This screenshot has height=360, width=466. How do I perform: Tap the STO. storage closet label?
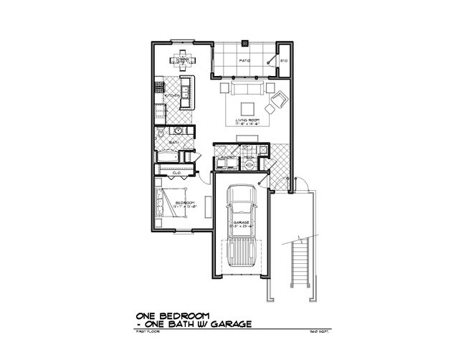(284, 60)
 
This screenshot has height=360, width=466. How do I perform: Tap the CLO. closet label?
(176, 174)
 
